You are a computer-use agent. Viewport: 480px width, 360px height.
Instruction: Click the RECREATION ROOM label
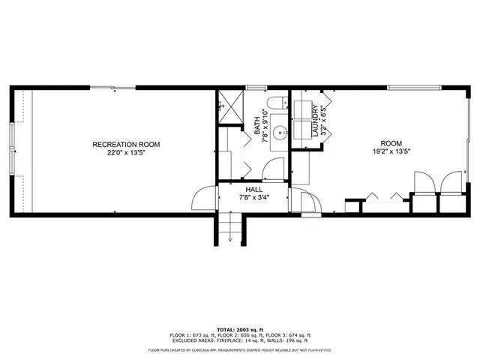click(x=126, y=144)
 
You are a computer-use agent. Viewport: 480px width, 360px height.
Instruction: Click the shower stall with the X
click(x=231, y=107)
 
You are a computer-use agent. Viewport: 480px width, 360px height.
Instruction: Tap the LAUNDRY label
click(x=315, y=121)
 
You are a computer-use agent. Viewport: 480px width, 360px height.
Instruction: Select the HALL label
click(x=253, y=190)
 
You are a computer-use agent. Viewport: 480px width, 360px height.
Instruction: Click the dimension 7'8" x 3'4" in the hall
click(x=253, y=198)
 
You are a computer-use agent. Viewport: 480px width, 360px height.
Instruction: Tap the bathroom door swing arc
click(x=274, y=169)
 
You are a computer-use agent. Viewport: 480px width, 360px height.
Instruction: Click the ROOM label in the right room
click(x=391, y=143)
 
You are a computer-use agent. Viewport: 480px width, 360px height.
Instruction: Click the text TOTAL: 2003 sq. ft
click(x=239, y=329)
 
